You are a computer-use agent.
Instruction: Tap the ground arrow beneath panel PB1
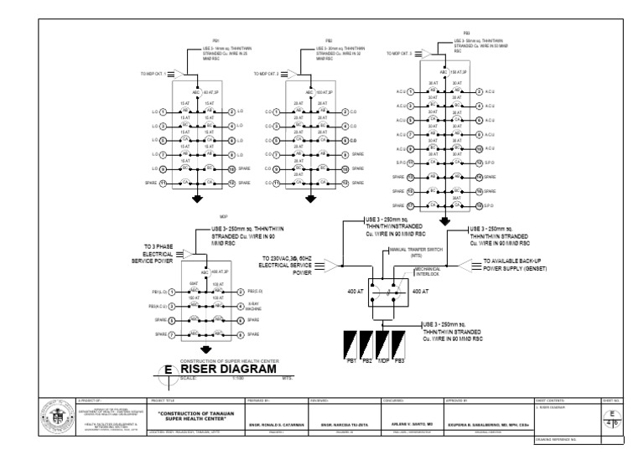click(x=199, y=199)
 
